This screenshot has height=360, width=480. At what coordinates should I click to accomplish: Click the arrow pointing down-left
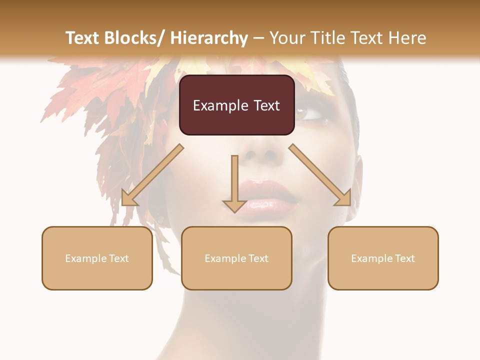click(152, 175)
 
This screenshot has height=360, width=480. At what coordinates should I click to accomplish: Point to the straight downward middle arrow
click(234, 183)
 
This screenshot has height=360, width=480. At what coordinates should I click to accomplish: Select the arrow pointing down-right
click(320, 175)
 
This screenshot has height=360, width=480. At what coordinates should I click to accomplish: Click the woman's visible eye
click(310, 114)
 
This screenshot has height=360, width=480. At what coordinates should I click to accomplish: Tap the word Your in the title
click(286, 38)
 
